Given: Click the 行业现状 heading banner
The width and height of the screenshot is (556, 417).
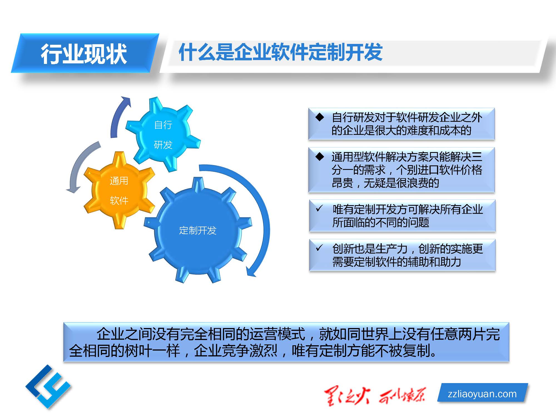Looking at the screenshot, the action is tap(85, 53).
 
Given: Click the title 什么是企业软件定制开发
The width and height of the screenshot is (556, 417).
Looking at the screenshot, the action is tap(281, 52).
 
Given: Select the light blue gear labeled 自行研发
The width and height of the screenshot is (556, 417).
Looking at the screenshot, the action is tap(163, 134).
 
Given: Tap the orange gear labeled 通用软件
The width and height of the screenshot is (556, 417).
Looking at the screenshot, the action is tap(119, 190).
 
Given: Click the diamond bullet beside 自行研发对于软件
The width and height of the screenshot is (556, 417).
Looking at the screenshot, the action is tap(320, 117).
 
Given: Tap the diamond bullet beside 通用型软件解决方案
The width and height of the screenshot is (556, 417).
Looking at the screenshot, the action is tap(320, 157).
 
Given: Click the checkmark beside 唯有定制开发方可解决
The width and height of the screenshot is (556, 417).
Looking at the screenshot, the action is tap(319, 208).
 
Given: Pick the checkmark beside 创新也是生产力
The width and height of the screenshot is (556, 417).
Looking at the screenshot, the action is tap(319, 247).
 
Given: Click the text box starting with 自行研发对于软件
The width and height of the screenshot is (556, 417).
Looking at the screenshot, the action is tap(401, 124).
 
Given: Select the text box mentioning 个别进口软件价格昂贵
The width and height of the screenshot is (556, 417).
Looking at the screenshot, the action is tap(401, 170).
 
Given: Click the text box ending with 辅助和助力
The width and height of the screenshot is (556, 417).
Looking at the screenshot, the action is tap(402, 255).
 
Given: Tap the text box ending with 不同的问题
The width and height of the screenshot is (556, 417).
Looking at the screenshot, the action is tap(402, 216).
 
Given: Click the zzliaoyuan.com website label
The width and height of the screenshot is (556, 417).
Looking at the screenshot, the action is tap(482, 394).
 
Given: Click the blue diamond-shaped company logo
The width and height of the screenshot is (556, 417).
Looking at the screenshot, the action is tap(48, 387).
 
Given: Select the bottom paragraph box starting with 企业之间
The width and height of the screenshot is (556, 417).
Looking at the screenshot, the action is tap(286, 342).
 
